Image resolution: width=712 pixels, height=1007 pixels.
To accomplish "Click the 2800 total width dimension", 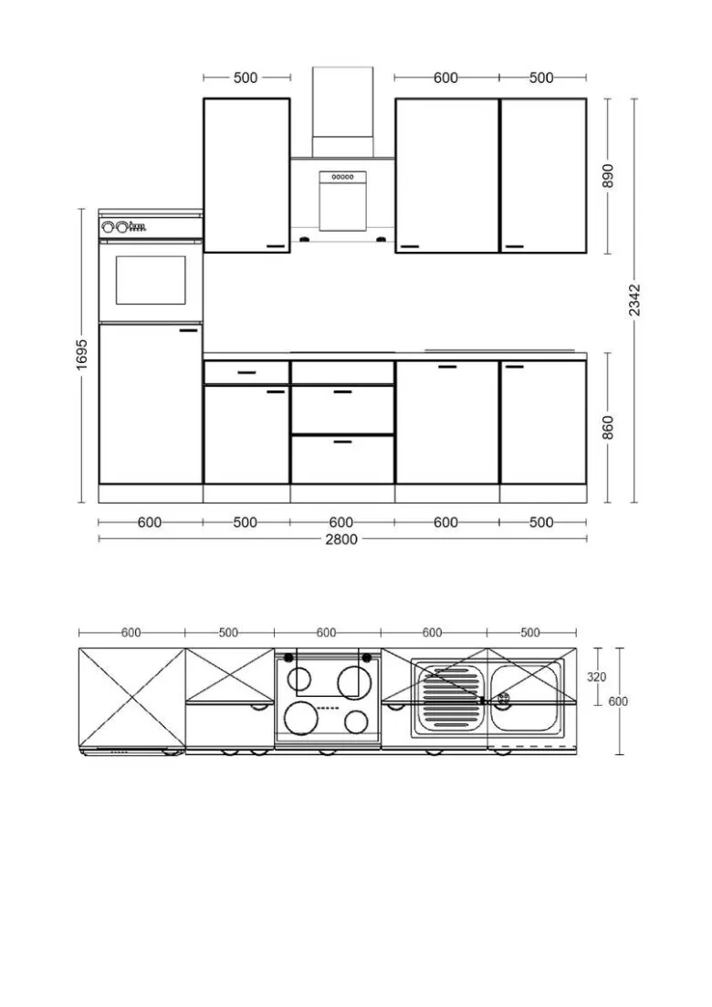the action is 341,539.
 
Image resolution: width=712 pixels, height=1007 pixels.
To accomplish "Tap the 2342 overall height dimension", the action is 634,300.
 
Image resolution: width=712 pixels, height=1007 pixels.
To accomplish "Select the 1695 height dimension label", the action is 81,355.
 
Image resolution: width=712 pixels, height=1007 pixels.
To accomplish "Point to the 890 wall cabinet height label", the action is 608,176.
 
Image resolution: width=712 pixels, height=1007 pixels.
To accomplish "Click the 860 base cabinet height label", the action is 608,428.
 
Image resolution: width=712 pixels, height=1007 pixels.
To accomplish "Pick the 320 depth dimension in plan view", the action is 596,676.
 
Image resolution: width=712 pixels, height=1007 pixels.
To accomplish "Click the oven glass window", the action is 151,280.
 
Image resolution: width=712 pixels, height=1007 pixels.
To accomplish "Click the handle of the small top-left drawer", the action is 246,372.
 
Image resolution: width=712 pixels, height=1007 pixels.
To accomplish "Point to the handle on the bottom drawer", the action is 342,441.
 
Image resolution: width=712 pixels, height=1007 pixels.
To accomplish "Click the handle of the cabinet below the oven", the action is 189,331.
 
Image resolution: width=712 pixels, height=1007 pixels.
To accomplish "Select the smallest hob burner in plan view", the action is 356,722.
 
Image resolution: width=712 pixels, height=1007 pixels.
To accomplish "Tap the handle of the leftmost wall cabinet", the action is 277,246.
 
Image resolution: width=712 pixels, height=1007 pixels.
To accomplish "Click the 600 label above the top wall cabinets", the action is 445,78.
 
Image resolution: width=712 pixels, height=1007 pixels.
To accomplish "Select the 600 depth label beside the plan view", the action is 618,701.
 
